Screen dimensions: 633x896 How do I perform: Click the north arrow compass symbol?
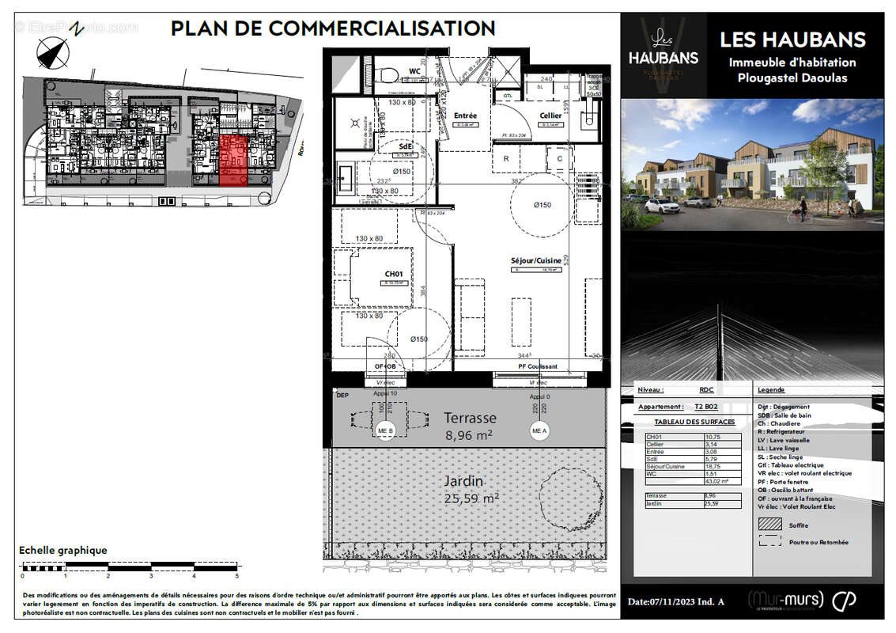54,52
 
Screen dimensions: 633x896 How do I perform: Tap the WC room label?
414,71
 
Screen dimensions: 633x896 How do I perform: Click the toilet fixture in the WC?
388,74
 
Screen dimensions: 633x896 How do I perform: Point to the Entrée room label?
465,116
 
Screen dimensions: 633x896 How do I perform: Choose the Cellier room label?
550,116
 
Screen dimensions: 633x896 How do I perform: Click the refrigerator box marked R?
507,158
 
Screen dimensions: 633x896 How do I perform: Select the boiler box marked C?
560,158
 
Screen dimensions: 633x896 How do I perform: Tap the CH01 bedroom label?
394,274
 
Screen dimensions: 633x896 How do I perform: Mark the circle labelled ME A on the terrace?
539,430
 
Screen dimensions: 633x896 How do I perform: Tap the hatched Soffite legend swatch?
769,523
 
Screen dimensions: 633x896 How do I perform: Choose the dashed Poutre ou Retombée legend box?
769,541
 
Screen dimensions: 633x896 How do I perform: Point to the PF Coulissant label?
537,366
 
